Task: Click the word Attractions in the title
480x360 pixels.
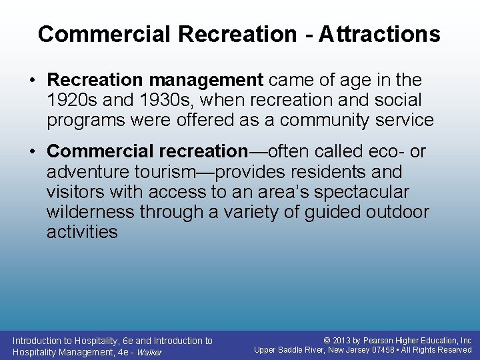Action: pyautogui.click(x=379, y=34)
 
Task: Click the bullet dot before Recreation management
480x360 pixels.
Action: pyautogui.click(x=33, y=81)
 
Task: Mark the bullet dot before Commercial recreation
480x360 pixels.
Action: pyautogui.click(x=33, y=152)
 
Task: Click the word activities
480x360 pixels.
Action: pyautogui.click(x=82, y=232)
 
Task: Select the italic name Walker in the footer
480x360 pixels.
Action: pyautogui.click(x=149, y=352)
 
